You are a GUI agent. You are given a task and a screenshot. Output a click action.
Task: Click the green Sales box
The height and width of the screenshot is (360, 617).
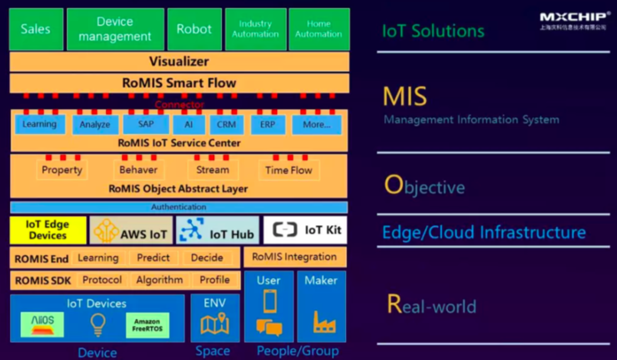pos(35,29)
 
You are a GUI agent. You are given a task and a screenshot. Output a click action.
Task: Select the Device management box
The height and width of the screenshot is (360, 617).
pos(114,29)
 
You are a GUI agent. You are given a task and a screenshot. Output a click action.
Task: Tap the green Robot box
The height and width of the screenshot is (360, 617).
pos(194,29)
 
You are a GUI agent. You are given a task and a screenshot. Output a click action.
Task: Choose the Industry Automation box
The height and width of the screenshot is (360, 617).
pos(255,29)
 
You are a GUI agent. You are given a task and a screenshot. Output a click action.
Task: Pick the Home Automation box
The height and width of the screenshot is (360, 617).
pos(319,29)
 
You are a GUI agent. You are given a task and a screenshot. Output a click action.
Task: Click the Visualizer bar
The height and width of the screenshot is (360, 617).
pos(178,62)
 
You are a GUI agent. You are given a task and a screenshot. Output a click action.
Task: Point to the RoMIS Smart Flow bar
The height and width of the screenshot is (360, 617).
pos(178,83)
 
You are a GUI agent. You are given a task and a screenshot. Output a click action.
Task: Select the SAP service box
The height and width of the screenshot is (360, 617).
pos(139,124)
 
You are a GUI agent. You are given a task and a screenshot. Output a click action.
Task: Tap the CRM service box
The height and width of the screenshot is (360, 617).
pos(226,124)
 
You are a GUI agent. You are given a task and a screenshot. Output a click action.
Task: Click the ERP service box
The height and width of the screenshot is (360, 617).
pos(268,124)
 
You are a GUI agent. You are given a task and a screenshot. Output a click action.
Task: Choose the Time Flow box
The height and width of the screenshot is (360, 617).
pos(289,170)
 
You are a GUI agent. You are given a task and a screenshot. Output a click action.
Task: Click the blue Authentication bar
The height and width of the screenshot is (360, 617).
pos(178,207)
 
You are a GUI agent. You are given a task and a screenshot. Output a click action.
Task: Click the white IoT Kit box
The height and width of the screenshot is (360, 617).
pos(304,230)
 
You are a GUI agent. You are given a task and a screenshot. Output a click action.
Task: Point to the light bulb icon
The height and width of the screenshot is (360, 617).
pos(98,324)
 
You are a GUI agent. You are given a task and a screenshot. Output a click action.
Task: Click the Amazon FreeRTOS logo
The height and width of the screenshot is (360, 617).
pos(148,325)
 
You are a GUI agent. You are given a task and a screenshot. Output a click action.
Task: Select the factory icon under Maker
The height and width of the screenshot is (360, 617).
pos(321,321)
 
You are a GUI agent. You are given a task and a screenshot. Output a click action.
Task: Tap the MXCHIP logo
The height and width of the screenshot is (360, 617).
pos(571,20)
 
